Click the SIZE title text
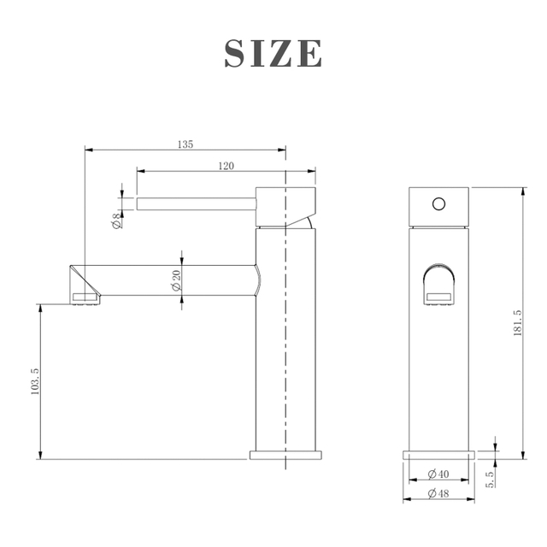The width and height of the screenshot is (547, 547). [x=273, y=53]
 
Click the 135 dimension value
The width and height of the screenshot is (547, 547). [x=185, y=144]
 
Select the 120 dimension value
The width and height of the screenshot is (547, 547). [x=226, y=166]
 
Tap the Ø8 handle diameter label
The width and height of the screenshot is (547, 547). [x=116, y=221]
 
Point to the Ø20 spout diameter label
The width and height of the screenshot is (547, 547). [x=176, y=280]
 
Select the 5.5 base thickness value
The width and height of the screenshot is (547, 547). [x=490, y=478]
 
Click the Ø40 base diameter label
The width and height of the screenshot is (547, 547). [x=438, y=473]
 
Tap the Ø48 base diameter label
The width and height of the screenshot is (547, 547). [x=438, y=493]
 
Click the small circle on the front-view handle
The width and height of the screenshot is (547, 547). [x=438, y=204]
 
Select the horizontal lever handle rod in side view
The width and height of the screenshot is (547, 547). [x=197, y=203]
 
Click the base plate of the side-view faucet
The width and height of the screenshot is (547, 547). [x=285, y=454]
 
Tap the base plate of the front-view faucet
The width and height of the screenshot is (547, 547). [x=438, y=453]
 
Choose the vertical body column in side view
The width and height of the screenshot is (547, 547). [x=286, y=342]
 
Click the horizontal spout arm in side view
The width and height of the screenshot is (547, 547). [x=171, y=279]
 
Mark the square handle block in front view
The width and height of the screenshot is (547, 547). [x=438, y=207]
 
